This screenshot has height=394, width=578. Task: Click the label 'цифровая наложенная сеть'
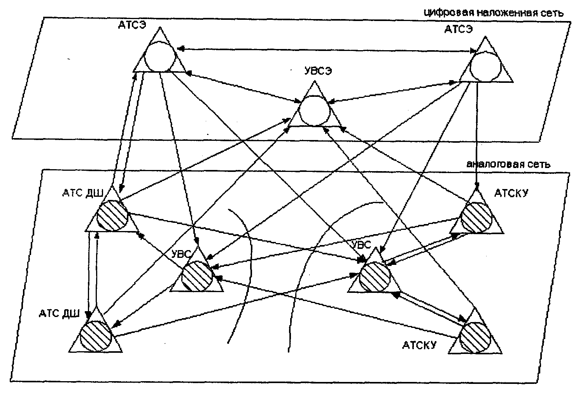click(494, 13)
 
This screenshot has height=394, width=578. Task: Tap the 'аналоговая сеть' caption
click(508, 164)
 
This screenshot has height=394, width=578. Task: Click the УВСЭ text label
click(318, 71)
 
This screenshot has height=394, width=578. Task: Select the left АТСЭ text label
click(132, 25)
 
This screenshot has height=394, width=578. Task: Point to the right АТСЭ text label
click(459, 30)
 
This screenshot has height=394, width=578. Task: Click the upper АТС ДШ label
click(83, 193)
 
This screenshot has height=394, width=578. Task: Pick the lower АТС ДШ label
click(60, 313)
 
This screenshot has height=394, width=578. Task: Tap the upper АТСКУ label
click(511, 193)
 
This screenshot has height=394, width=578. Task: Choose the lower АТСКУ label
click(419, 345)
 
